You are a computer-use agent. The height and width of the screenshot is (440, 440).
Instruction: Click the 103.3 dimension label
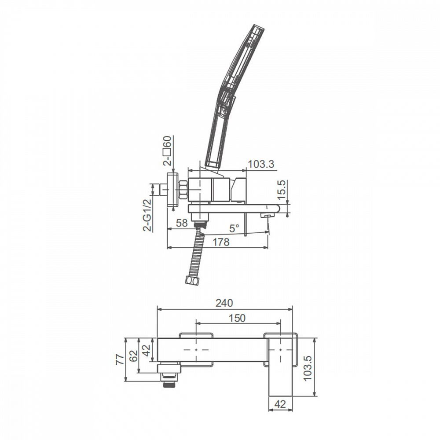tap(261, 164)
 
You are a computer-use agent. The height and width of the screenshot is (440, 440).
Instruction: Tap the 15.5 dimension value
tap(282, 190)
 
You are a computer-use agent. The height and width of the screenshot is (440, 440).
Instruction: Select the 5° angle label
tap(235, 228)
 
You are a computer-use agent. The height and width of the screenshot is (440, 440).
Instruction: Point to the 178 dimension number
tap(221, 242)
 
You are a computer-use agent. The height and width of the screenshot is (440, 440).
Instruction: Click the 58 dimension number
tap(182, 223)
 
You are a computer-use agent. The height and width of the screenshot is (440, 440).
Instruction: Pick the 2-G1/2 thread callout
tap(147, 215)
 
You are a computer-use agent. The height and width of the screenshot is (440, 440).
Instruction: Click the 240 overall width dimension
tap(224, 303)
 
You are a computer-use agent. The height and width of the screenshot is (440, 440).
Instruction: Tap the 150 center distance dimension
tap(237, 318)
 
